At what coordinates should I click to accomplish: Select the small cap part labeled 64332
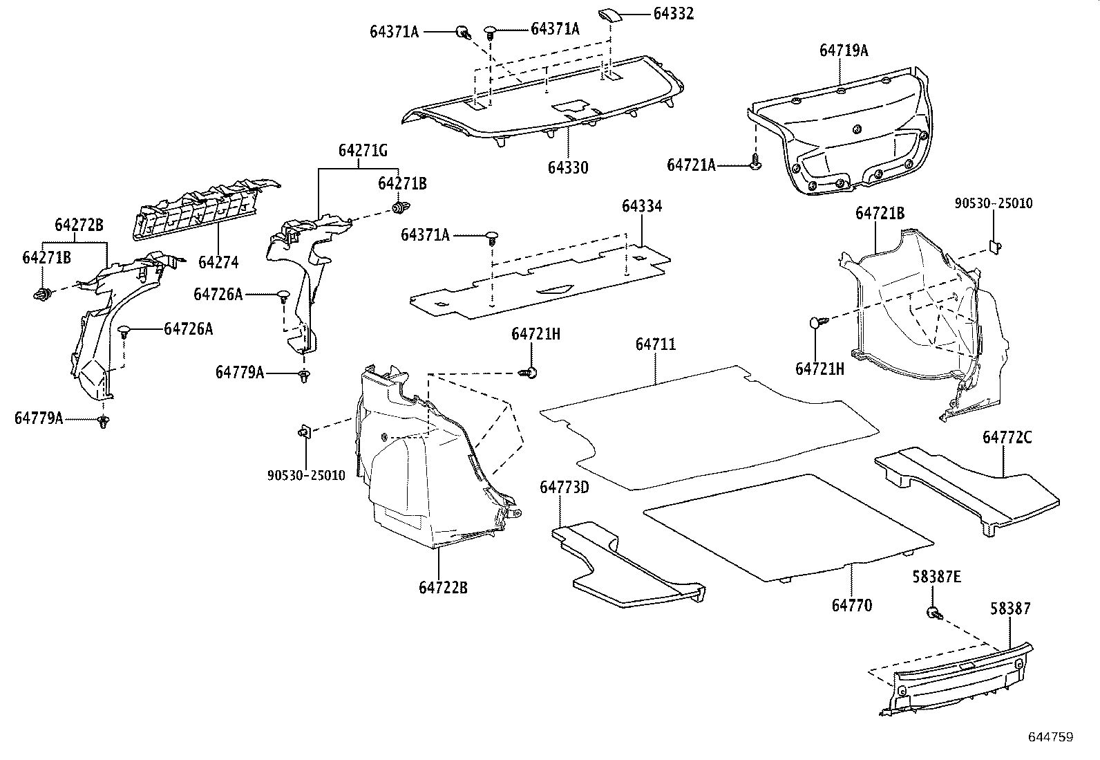pos(611,16)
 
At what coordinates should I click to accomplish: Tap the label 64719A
pos(844,50)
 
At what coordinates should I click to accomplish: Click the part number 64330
pos(568,167)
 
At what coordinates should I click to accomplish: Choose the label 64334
pos(641,206)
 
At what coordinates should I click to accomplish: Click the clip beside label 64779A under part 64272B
pos(104,421)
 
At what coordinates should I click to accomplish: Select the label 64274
pos(218,262)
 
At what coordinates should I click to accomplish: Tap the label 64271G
pos(363,150)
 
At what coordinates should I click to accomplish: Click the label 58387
pos(1009,609)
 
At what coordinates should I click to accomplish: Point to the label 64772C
pos(1007,438)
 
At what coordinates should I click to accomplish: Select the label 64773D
pos(564,488)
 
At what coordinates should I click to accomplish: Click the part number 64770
pos(851,606)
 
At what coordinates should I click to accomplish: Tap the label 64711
pos(656,344)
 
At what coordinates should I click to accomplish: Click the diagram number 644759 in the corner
pos(1050,737)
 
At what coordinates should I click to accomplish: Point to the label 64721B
pos(880,214)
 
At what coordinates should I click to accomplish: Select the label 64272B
pos(79,225)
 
